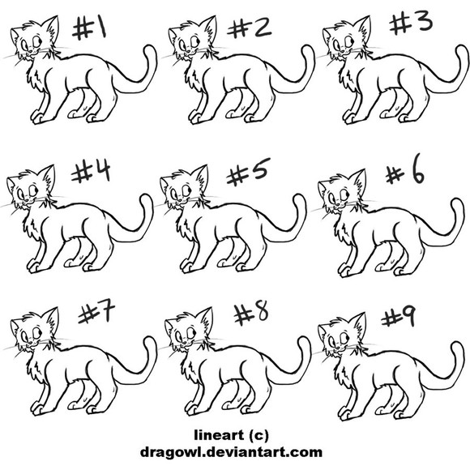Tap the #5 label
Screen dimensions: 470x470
coord(248,172)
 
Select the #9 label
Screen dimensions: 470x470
coord(399,318)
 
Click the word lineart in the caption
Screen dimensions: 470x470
coord(219,435)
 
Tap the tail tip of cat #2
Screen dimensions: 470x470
coord(306,49)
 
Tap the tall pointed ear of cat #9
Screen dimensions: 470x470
coord(359,325)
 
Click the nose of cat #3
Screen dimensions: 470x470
coord(343,51)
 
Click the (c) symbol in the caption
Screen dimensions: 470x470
coord(258,435)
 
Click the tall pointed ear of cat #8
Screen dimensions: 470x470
coord(206,320)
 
